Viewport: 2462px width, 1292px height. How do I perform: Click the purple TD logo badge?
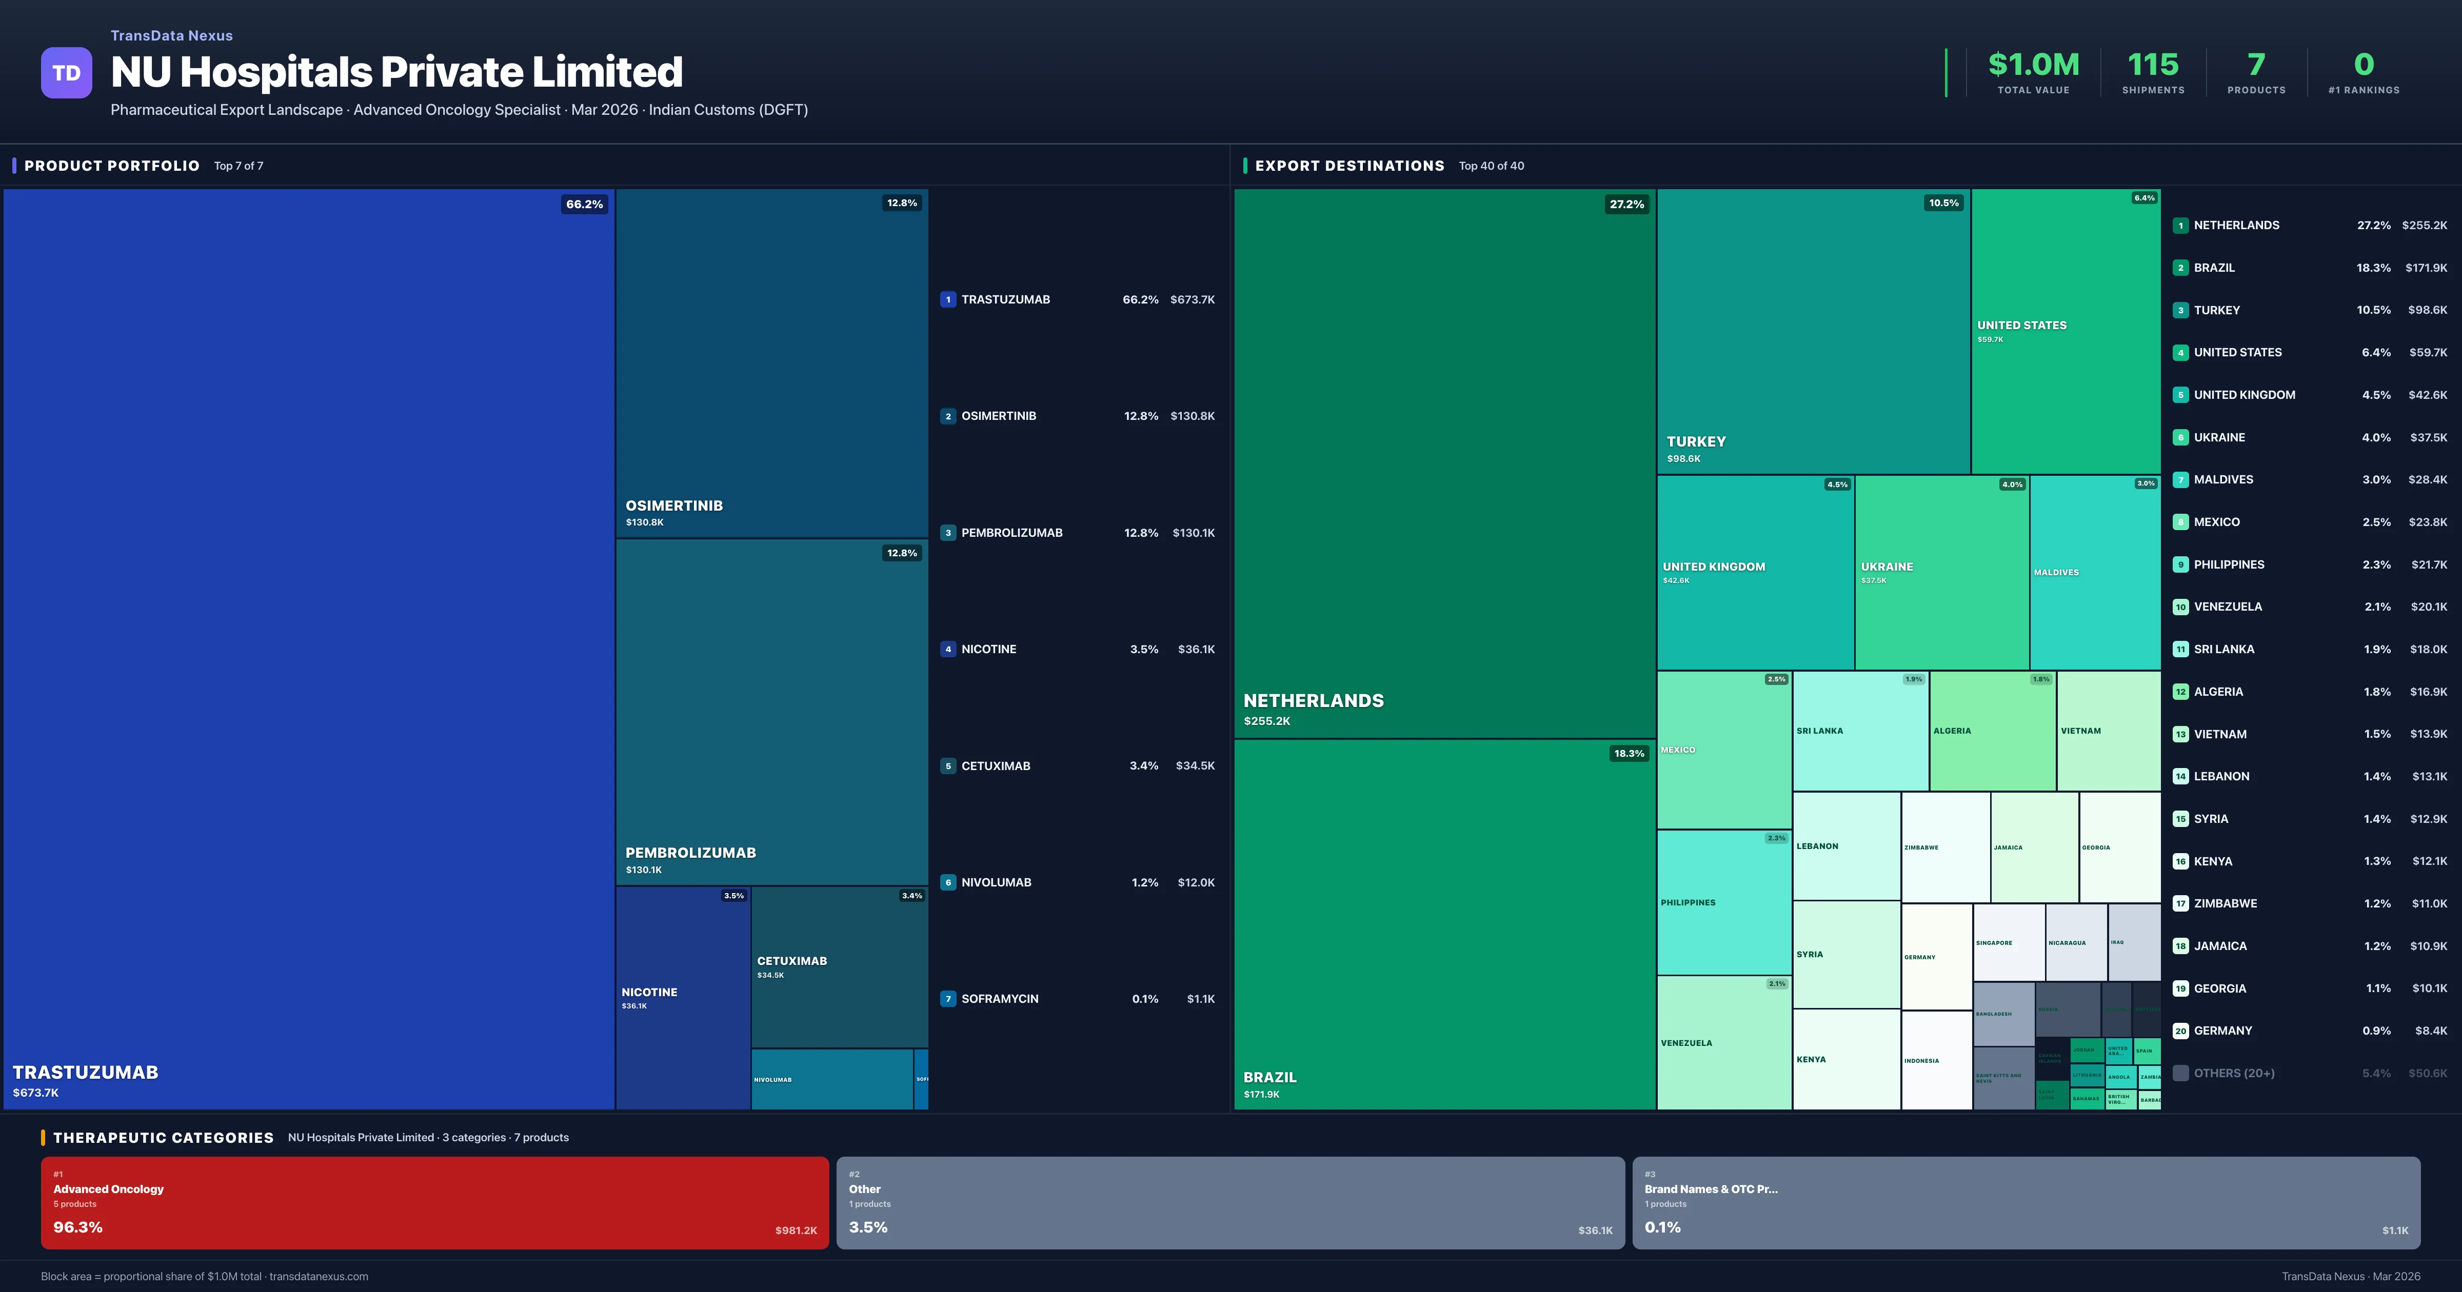point(66,73)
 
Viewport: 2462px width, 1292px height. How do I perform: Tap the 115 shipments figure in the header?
point(2152,65)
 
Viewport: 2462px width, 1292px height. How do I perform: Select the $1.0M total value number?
point(2033,65)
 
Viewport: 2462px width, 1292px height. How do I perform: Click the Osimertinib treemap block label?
point(674,506)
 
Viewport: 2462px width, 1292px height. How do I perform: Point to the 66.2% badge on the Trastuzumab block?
point(584,205)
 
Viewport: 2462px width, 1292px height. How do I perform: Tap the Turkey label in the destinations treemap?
point(1696,441)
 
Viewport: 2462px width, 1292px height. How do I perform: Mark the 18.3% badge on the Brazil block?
point(1629,754)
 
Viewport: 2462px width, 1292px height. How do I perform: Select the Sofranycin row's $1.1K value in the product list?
point(1200,999)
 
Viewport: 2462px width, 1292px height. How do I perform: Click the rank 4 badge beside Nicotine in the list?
point(948,649)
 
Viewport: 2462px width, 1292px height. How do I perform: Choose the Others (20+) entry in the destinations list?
point(2234,1073)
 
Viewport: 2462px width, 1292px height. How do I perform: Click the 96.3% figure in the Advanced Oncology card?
point(77,1227)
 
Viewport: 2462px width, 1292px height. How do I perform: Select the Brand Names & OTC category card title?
point(1711,1189)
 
